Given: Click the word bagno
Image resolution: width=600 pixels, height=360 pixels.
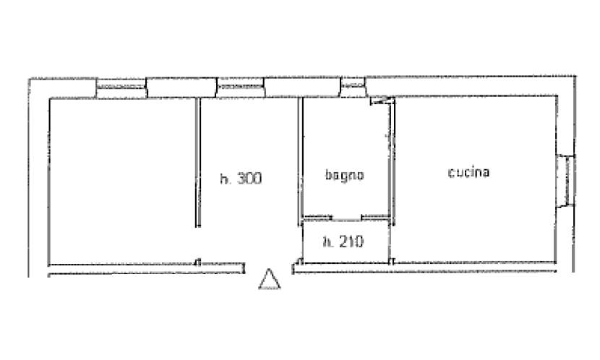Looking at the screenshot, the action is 344,176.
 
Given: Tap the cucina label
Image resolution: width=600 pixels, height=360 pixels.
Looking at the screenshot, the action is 468,173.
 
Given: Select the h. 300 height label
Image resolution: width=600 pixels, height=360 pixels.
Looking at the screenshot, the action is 241,179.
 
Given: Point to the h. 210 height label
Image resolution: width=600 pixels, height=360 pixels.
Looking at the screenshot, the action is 343,241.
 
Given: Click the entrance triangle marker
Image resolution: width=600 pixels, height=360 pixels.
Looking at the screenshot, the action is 270,279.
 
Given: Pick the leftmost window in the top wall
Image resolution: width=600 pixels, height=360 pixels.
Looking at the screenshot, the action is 121,88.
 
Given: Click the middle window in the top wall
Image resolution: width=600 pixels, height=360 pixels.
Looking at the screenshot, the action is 241,87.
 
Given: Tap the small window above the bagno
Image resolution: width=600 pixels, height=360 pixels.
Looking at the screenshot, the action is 353,87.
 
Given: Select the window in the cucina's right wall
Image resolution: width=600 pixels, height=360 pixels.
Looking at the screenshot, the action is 565,181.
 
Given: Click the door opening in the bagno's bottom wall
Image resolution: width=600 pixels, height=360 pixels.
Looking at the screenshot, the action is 346,219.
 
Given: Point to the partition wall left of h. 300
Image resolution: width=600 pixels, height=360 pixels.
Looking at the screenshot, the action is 198,162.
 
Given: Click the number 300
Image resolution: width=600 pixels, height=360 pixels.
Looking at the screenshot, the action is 249,179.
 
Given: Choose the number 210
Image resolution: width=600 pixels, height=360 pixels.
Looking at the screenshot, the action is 351,241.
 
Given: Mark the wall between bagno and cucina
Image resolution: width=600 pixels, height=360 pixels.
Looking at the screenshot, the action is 392,160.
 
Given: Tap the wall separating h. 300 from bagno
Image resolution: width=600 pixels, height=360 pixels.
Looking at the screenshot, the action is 301,161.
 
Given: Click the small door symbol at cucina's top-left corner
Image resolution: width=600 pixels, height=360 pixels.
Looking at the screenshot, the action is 382,101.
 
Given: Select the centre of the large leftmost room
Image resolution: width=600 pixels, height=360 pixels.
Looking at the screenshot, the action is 122,181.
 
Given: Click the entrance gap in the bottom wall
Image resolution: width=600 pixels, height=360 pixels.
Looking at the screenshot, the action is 269,267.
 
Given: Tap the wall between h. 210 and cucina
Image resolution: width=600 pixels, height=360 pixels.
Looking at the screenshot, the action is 390,243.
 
